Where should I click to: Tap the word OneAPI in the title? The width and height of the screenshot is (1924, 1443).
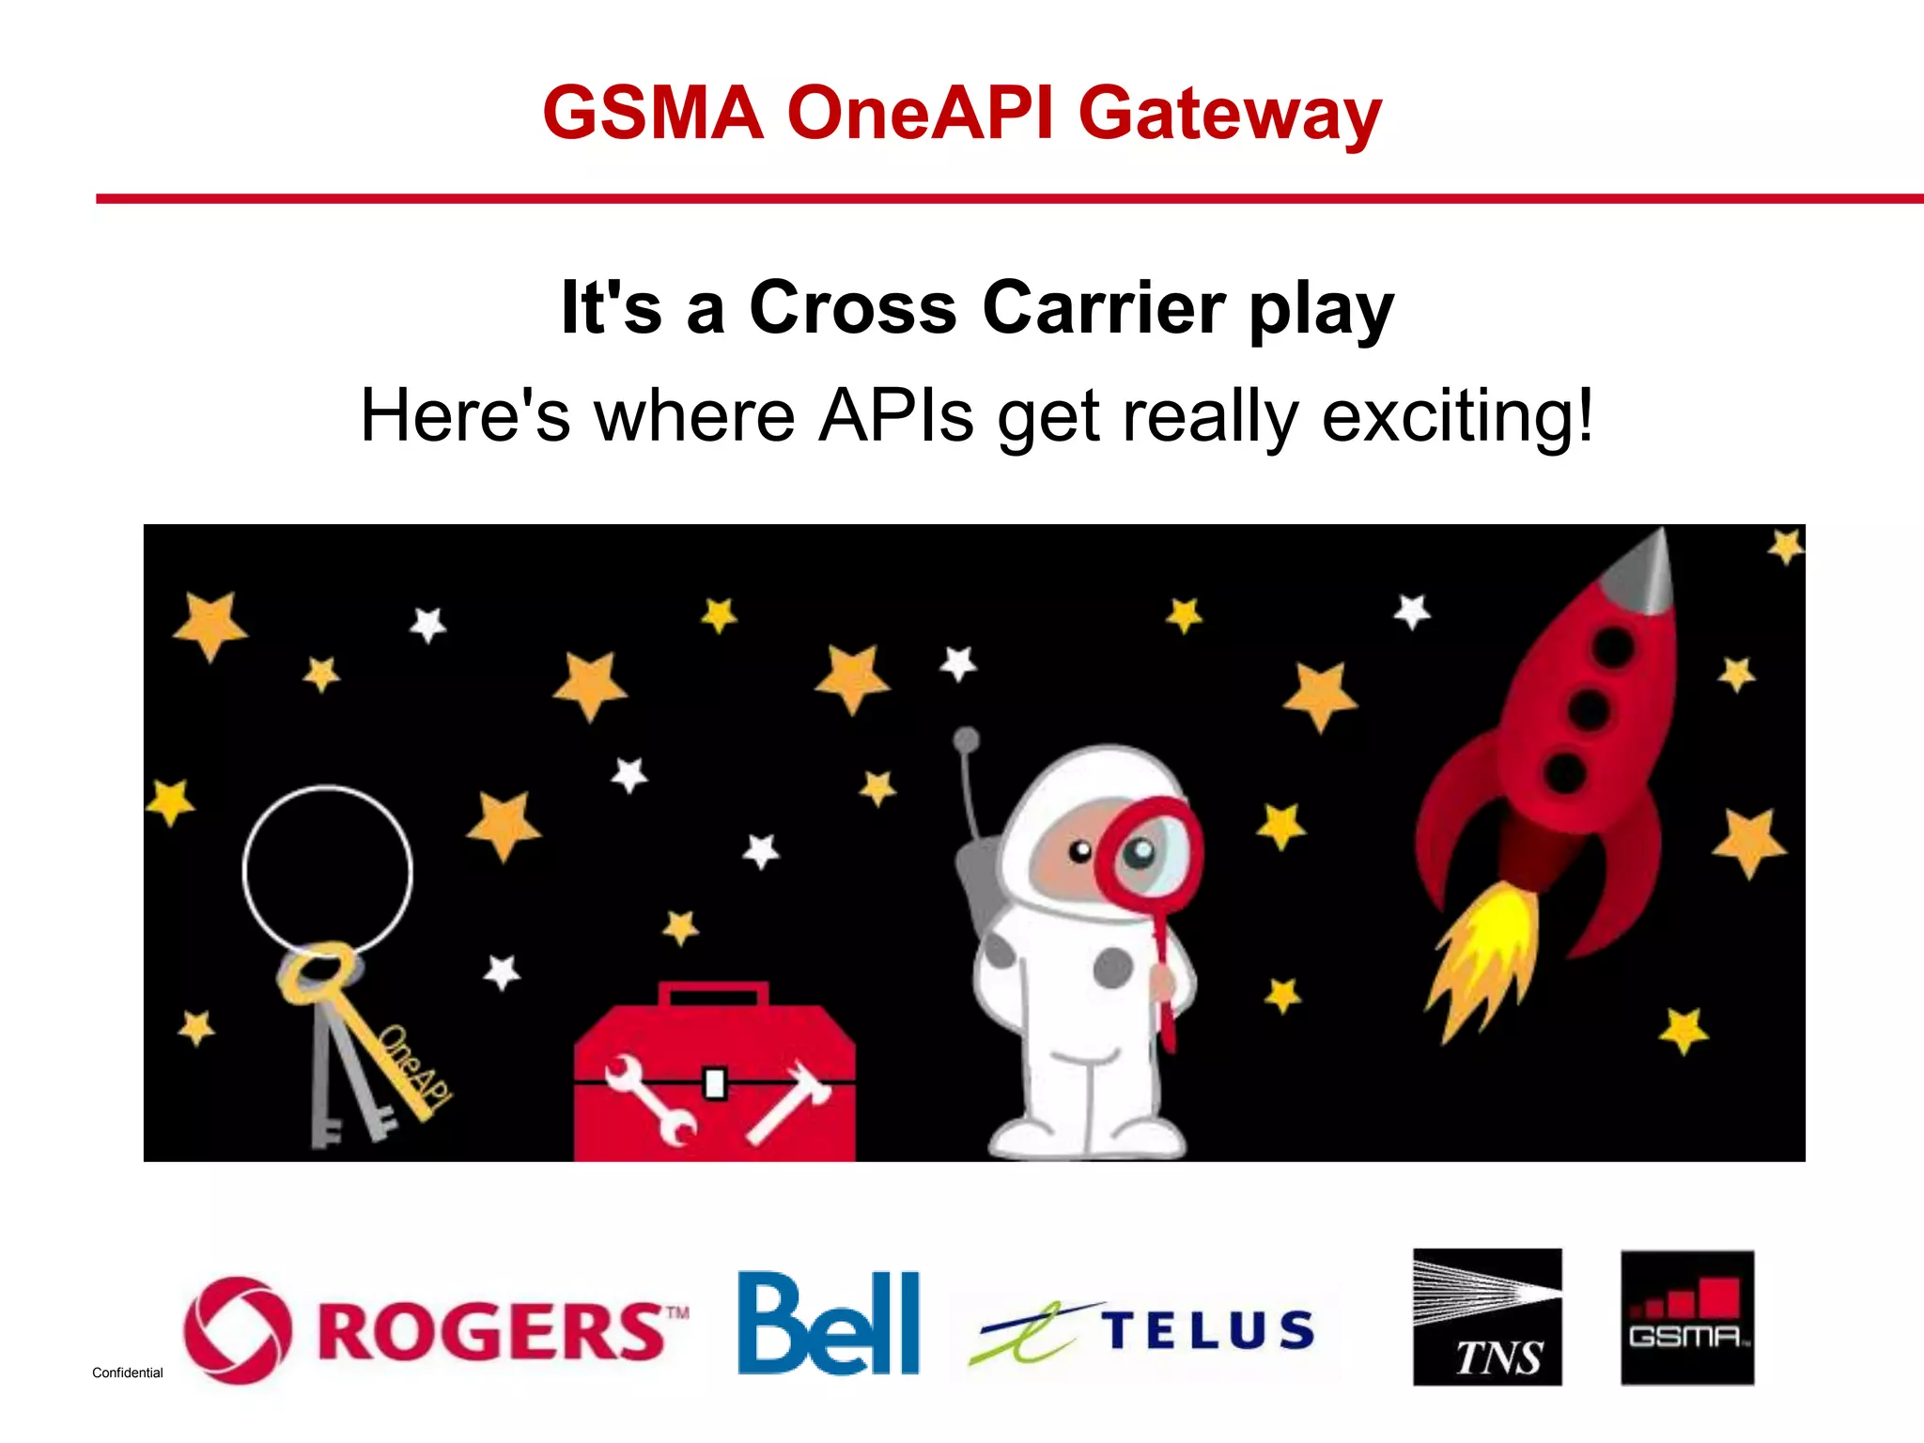pyautogui.click(x=920, y=114)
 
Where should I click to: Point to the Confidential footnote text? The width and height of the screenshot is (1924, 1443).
pyautogui.click(x=127, y=1373)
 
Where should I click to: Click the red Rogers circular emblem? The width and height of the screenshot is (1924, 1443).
pyautogui.click(x=237, y=1329)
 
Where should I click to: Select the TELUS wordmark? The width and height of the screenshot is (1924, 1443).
pyautogui.click(x=1208, y=1330)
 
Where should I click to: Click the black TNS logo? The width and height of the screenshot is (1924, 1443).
pyautogui.click(x=1486, y=1316)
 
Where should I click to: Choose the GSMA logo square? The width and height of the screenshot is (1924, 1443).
pyautogui.click(x=1686, y=1316)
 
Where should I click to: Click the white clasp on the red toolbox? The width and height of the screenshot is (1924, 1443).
pyautogui.click(x=715, y=1083)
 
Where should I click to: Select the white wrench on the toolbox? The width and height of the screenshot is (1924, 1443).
pyautogui.click(x=651, y=1099)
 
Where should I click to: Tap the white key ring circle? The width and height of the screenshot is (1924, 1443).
pyautogui.click(x=327, y=870)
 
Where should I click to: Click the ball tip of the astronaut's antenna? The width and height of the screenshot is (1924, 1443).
pyautogui.click(x=966, y=740)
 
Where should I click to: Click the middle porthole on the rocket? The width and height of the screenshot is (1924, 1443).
pyautogui.click(x=1589, y=708)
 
